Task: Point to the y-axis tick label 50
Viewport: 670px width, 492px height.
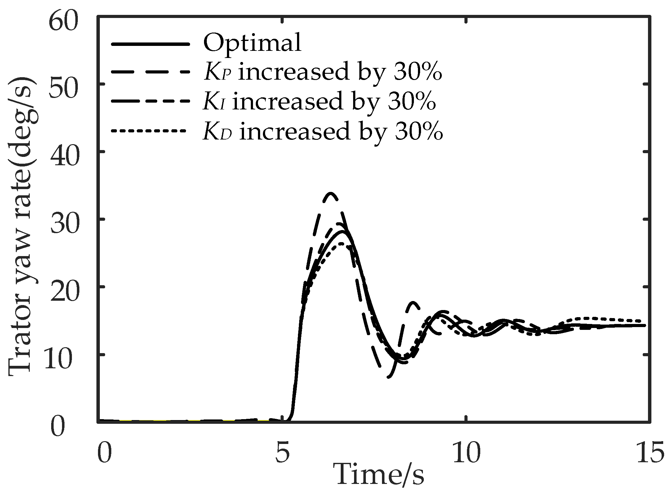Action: (63, 89)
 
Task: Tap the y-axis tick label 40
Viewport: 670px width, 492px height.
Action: (63, 157)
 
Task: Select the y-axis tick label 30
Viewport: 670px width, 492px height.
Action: (63, 224)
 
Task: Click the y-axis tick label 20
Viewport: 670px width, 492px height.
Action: (63, 292)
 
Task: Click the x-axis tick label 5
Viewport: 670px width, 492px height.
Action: (282, 453)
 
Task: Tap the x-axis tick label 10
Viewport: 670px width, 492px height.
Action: (466, 453)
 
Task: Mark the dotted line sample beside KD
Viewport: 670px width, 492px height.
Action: (149, 131)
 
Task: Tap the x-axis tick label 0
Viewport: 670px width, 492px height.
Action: (104, 453)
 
